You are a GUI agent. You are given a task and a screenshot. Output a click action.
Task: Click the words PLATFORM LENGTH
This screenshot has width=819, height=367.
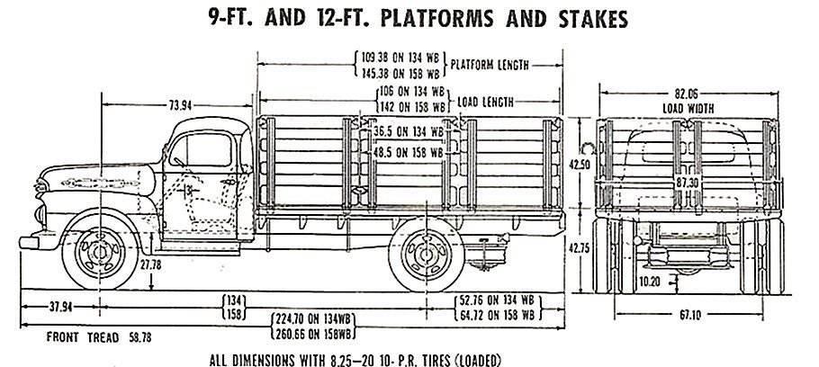[490, 65]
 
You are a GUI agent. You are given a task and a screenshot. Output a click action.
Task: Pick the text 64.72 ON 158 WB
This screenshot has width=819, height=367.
[497, 316]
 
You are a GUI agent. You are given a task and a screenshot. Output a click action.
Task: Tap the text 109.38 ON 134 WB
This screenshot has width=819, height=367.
[401, 57]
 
